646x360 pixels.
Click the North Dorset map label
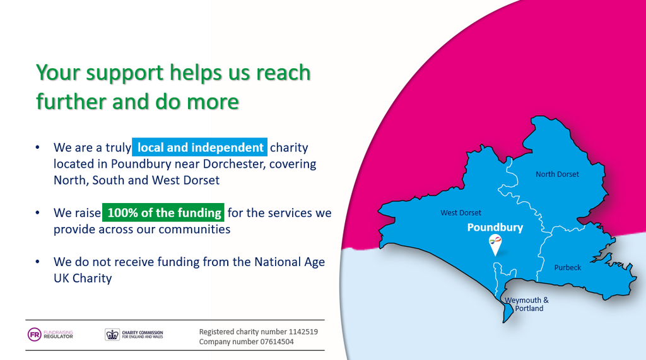pyautogui.click(x=557, y=174)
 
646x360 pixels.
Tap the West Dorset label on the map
pyautogui.click(x=461, y=212)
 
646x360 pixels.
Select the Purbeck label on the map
pyautogui.click(x=567, y=267)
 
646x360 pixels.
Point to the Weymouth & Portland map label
pyautogui.click(x=527, y=304)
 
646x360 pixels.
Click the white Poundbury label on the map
pyautogui.click(x=495, y=228)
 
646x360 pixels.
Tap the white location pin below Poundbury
pyautogui.click(x=495, y=245)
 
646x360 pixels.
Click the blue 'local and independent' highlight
pyautogui.click(x=200, y=147)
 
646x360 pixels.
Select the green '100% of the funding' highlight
pyautogui.click(x=163, y=212)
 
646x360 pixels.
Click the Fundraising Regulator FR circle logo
pyautogui.click(x=34, y=334)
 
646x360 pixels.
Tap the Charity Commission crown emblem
pyautogui.click(x=112, y=334)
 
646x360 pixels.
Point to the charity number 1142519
pyautogui.click(x=303, y=332)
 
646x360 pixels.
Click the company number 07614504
pyautogui.click(x=277, y=342)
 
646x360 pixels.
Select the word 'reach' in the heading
pyautogui.click(x=283, y=73)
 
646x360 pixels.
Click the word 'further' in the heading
pyautogui.click(x=71, y=102)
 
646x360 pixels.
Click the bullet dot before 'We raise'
pyautogui.click(x=37, y=212)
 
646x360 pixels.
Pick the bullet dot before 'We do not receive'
pyautogui.click(x=37, y=262)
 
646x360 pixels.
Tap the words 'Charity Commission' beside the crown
pyautogui.click(x=143, y=332)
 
